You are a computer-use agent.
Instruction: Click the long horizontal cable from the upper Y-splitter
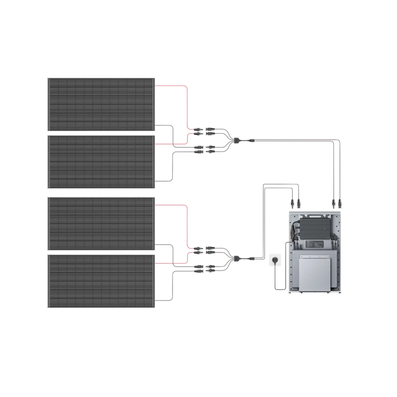point(294,140)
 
